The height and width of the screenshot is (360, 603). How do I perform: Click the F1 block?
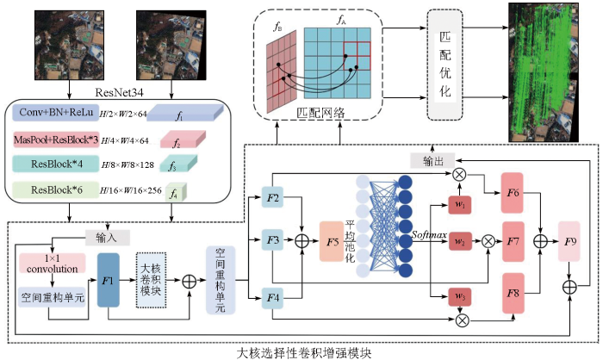click(x=109, y=279)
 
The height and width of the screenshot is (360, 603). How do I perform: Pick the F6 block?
click(x=513, y=194)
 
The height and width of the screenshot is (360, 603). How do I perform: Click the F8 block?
click(x=513, y=293)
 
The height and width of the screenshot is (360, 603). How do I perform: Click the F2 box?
click(x=273, y=199)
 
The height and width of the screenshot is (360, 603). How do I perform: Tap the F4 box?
click(x=273, y=299)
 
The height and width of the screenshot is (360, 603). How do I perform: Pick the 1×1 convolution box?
click(x=50, y=263)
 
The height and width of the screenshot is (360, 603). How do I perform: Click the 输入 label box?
click(x=108, y=237)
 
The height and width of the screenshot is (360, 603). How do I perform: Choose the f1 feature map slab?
click(x=180, y=114)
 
